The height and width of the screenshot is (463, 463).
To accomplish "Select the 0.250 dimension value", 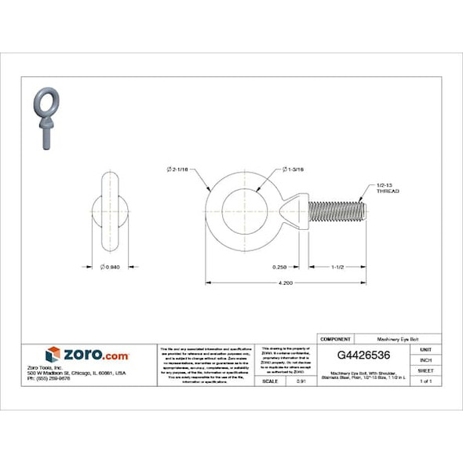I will coord(279,267).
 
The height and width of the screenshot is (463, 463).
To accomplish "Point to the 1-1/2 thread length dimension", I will coord(336,267).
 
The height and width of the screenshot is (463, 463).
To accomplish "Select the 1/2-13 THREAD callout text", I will coord(388,188).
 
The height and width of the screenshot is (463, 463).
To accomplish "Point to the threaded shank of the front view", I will coord(338,212).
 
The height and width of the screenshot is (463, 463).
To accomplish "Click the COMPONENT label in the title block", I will coord(335,338).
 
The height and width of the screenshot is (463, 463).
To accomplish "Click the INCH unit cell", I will coord(426,359).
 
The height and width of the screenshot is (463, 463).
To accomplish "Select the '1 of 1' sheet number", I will coord(426,381).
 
